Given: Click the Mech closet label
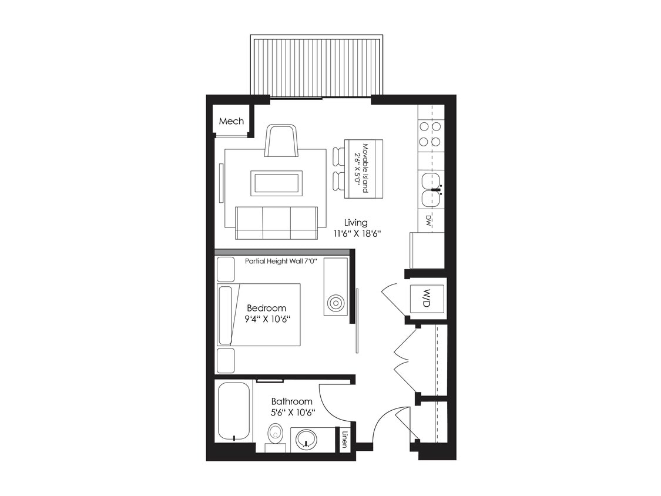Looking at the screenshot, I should [231, 122].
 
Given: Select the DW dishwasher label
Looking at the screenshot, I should [429, 220].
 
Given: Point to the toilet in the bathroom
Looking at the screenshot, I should [275, 435].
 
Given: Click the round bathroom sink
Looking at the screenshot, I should [306, 438].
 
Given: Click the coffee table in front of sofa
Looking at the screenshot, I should [276, 183].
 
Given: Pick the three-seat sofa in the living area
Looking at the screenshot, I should [276, 223].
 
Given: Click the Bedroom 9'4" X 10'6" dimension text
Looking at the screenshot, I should [266, 313].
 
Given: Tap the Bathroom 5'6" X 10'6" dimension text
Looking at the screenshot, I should [291, 407].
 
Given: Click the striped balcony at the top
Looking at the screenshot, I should [317, 66].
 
